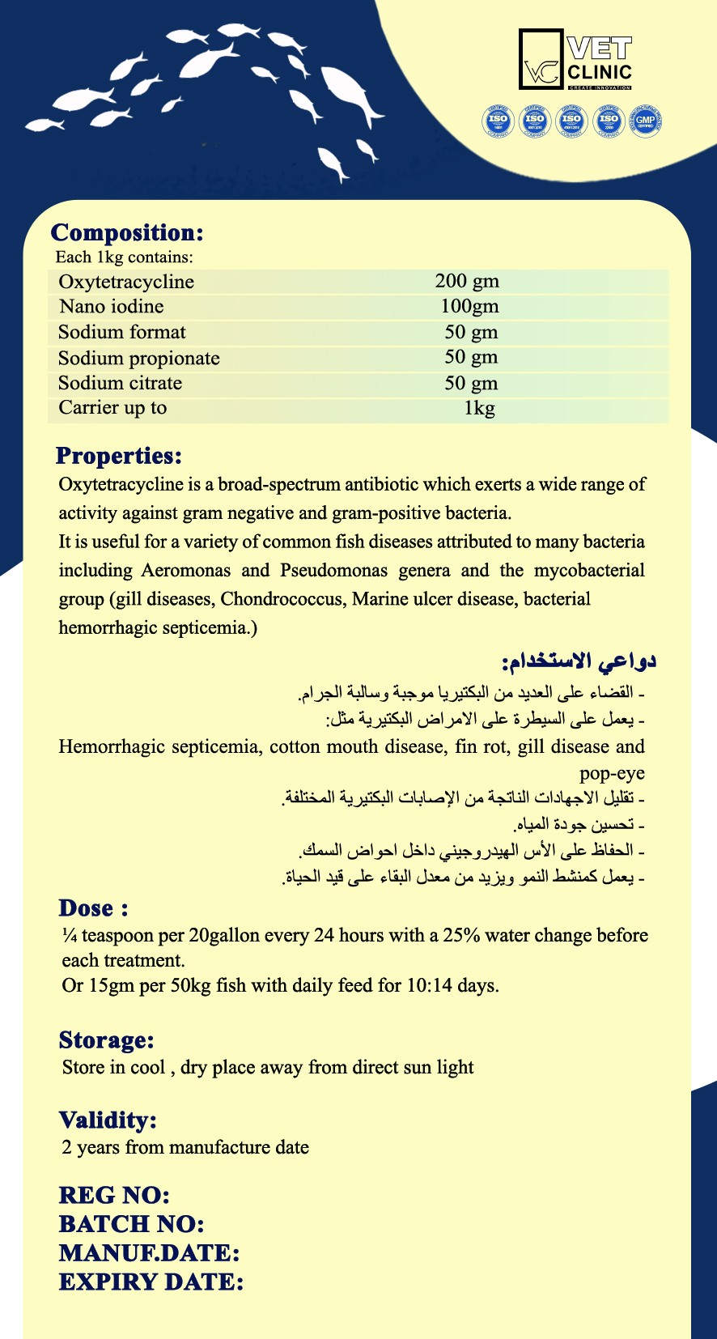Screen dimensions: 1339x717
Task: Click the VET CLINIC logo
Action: [575, 60]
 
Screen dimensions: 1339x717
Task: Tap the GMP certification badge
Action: [646, 121]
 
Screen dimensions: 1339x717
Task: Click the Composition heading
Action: [127, 232]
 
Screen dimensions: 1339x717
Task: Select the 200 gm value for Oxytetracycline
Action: [467, 282]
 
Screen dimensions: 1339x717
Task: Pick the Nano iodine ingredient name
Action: [111, 307]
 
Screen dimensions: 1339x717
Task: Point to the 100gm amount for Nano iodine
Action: [469, 307]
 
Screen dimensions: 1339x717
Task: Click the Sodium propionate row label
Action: [138, 358]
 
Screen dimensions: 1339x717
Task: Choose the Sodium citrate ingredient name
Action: [120, 383]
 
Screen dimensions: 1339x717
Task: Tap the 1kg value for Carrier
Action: [479, 408]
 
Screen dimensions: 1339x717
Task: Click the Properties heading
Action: [119, 456]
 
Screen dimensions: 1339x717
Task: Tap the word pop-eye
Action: [612, 772]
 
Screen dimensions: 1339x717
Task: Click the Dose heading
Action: [93, 908]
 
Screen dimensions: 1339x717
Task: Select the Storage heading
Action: [106, 1040]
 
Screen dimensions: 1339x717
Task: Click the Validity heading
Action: [108, 1120]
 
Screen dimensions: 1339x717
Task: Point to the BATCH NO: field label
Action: [131, 1224]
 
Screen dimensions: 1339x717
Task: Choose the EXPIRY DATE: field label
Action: [151, 1282]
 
